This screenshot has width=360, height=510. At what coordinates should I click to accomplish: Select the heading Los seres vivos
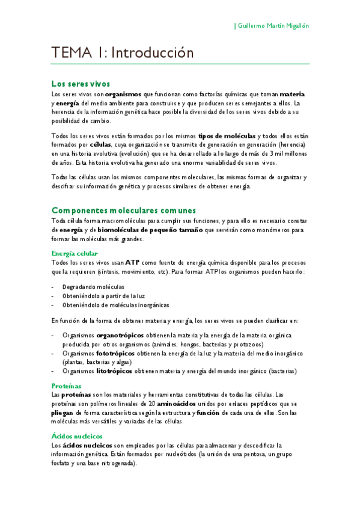coord(81,84)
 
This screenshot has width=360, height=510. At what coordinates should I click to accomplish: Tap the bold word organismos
coord(123,94)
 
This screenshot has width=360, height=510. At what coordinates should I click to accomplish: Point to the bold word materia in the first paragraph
coord(293,94)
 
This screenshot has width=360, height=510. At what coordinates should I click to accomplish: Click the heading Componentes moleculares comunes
coord(124,210)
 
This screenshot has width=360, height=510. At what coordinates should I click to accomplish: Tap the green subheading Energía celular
coord(75,253)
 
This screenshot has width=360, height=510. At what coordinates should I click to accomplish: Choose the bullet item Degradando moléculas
coord(94,287)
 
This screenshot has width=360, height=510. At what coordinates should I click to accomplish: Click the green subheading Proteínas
coord(66,386)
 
